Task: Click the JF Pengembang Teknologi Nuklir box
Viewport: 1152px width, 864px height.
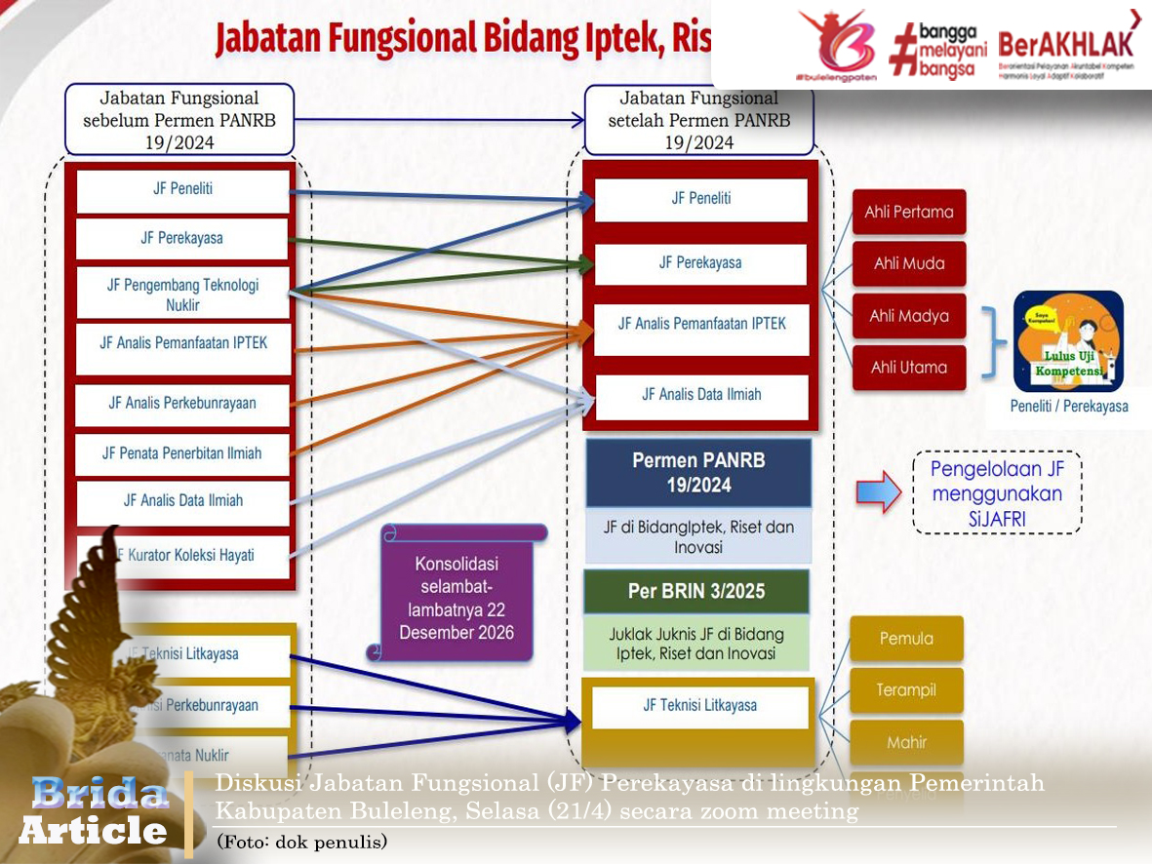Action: click(x=182, y=294)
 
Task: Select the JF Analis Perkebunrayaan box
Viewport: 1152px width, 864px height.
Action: click(x=182, y=403)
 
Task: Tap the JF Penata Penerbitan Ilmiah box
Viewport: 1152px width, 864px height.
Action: click(x=182, y=453)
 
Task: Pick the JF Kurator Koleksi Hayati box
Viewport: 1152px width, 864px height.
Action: click(x=182, y=555)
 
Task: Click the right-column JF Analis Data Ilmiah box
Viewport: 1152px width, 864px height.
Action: click(x=701, y=395)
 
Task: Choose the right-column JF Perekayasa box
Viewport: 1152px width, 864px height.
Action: click(x=700, y=263)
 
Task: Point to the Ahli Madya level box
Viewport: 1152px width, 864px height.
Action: click(x=909, y=316)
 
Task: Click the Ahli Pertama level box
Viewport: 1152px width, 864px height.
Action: click(x=909, y=212)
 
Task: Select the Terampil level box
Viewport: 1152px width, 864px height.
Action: click(x=906, y=690)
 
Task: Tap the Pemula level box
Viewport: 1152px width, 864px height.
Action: click(x=906, y=639)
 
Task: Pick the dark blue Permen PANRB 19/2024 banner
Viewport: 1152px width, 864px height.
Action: click(x=698, y=473)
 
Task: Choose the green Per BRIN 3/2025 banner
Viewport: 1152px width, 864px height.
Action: click(x=696, y=592)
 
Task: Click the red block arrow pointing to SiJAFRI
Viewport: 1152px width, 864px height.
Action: click(x=878, y=491)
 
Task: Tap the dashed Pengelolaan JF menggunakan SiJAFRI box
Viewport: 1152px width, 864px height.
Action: click(x=997, y=492)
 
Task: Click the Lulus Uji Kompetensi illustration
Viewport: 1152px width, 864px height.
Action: click(x=1068, y=341)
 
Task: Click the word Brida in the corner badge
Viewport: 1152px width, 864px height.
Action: click(x=99, y=793)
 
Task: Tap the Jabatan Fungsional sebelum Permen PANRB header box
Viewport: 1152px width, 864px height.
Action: click(x=179, y=120)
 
